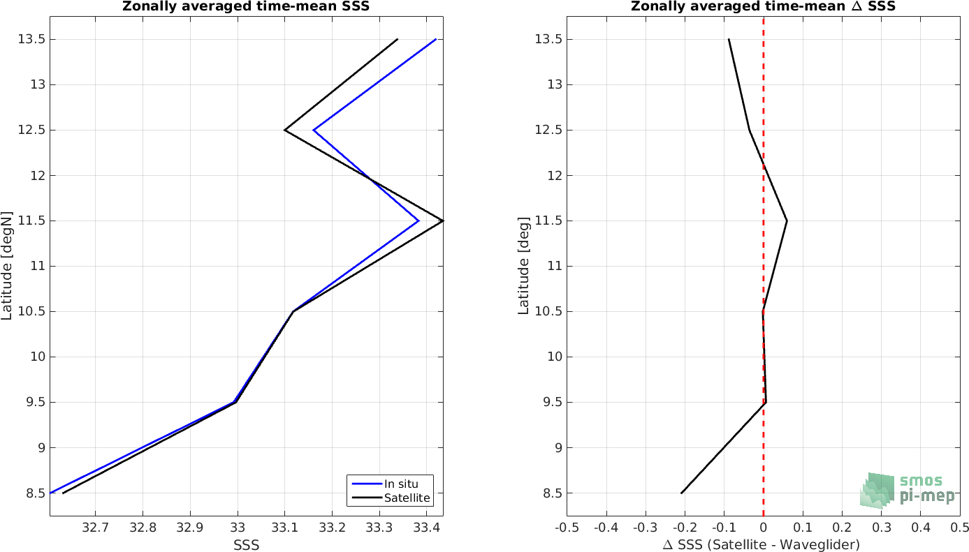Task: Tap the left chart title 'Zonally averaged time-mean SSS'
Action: click(246, 6)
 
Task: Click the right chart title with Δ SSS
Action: click(763, 6)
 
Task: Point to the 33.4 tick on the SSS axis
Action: click(427, 528)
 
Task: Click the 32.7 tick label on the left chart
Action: click(95, 528)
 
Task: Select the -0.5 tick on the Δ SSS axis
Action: click(567, 528)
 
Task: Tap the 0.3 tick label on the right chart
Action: click(881, 528)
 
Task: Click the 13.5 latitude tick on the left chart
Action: click(31, 39)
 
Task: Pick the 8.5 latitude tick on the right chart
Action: click(554, 493)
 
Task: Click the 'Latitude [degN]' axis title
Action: click(7, 266)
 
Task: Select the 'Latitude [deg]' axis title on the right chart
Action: click(523, 266)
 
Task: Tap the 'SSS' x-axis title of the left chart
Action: click(246, 545)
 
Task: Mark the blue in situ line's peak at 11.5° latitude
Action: click(418, 221)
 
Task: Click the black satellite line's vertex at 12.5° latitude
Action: click(284, 130)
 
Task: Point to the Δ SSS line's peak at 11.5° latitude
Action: click(787, 221)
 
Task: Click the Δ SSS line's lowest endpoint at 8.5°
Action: click(681, 493)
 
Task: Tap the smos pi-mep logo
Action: click(907, 491)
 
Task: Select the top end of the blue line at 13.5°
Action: click(436, 39)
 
